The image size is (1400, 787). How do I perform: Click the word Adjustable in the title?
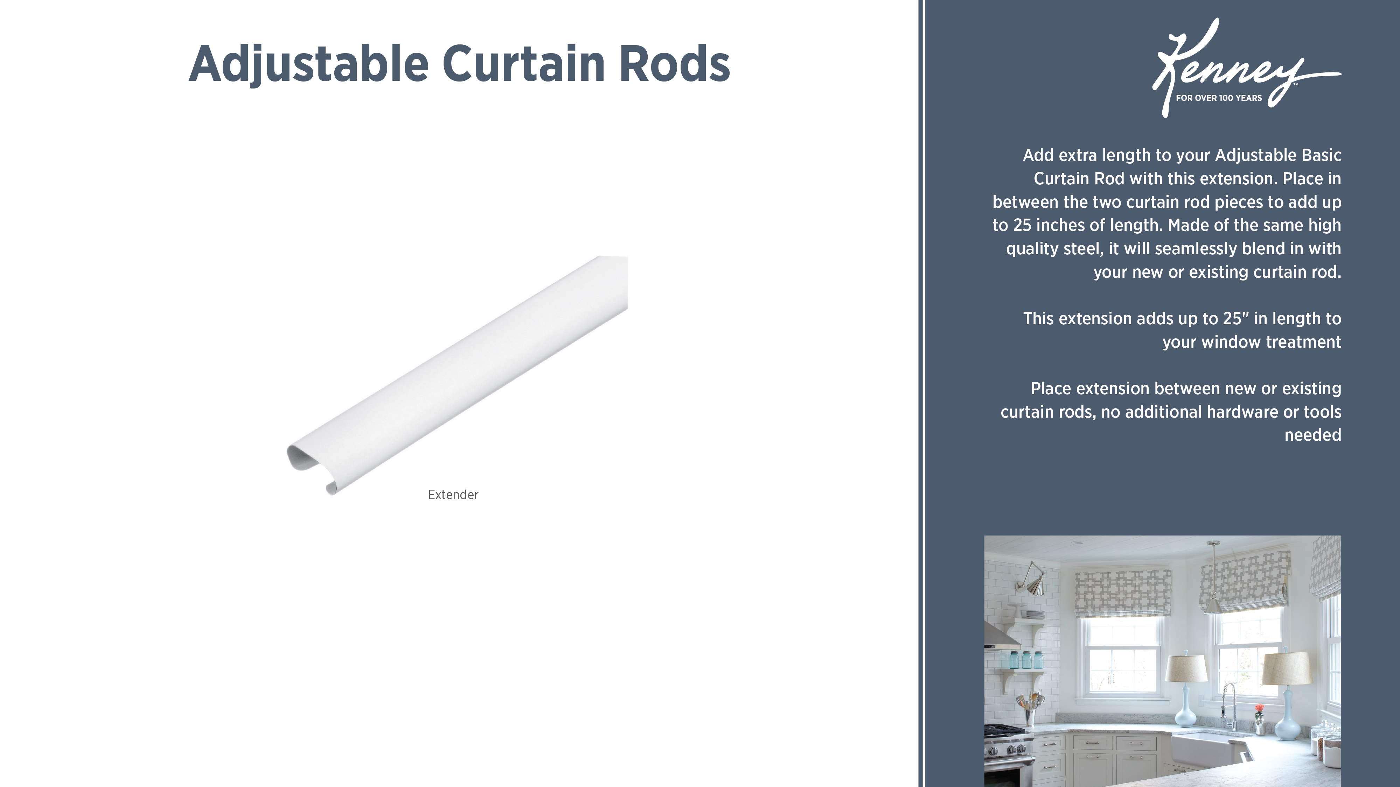pos(309,64)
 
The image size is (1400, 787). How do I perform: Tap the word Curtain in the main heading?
pos(524,64)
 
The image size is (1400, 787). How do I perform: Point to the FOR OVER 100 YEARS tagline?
pos(1218,98)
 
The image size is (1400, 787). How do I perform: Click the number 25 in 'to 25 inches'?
pos(1022,225)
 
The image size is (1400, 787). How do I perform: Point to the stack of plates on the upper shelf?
pos(1015,614)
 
